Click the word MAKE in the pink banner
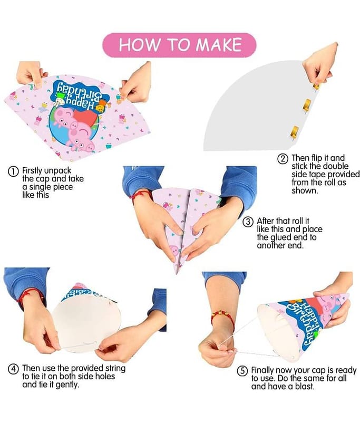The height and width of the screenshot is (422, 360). coord(219,45)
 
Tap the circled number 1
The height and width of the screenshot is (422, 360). coord(13,171)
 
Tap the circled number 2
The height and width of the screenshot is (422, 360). coord(283,159)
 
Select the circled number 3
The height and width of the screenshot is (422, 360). coord(248,222)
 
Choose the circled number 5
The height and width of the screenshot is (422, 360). coord(242,371)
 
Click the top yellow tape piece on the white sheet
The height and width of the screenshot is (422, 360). coord(317,86)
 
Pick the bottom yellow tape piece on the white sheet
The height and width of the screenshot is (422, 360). coord(294,132)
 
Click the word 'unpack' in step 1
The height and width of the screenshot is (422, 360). coord(58,171)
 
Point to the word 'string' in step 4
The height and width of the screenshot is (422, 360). coord(115,368)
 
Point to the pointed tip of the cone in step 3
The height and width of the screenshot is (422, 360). coord(177,273)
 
